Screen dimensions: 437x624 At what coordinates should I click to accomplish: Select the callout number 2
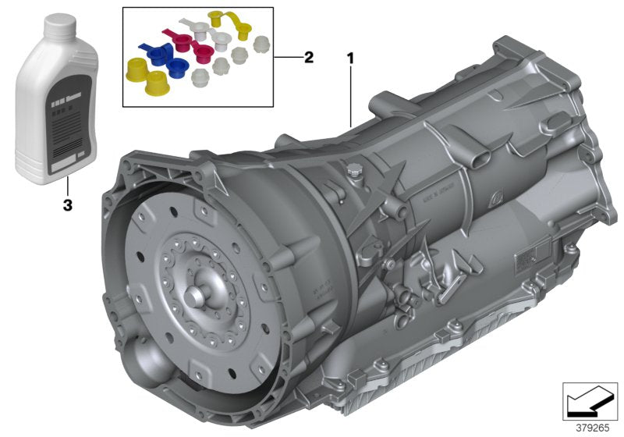click(x=309, y=57)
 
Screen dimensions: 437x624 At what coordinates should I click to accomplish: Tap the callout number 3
click(x=67, y=183)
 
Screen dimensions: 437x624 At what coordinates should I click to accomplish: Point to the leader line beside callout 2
click(x=287, y=58)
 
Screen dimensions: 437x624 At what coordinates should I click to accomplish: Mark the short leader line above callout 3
click(x=67, y=169)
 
